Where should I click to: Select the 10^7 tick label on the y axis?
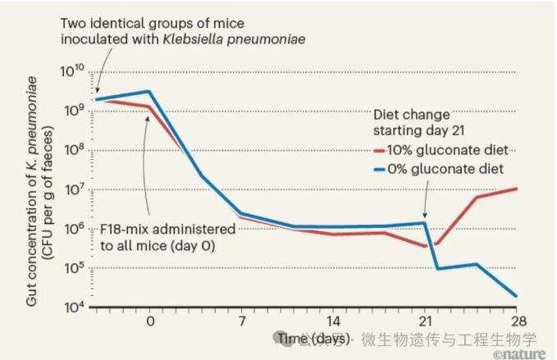(73, 190)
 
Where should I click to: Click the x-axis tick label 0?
(148, 320)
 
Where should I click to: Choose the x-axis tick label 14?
(333, 320)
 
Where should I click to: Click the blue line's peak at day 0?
(148, 91)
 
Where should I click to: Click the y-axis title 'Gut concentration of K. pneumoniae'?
(33, 189)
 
